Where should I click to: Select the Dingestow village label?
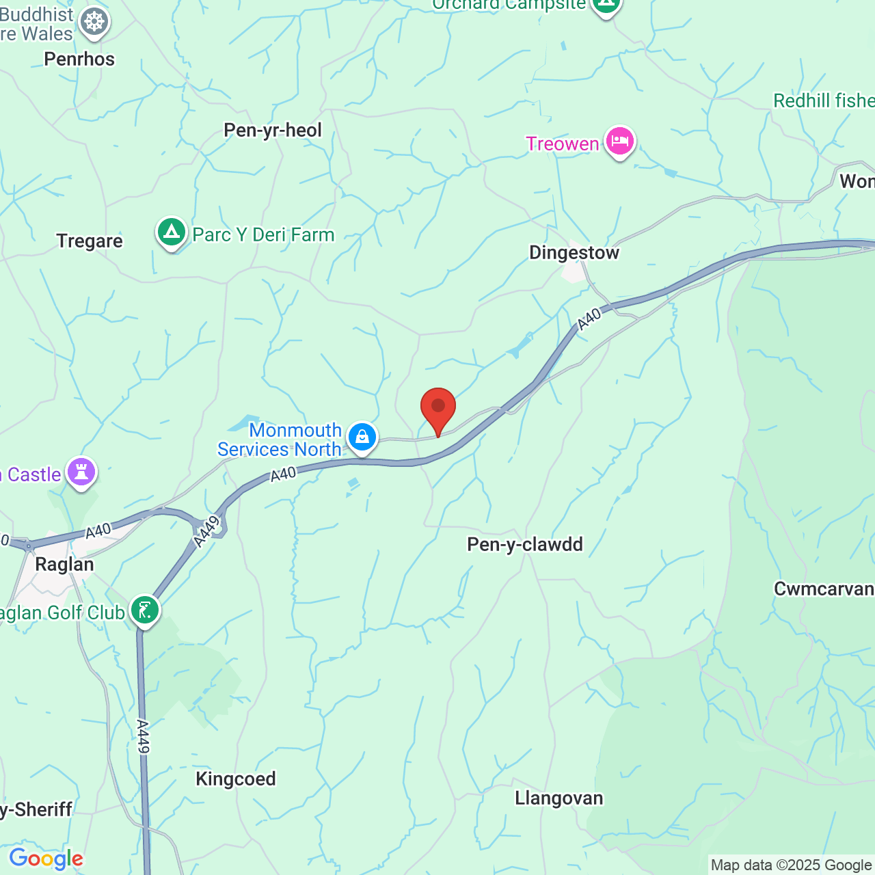574,253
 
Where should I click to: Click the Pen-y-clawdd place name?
525,545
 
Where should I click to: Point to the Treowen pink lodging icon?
619,142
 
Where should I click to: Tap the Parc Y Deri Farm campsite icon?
172,233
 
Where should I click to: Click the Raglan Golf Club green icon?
144,610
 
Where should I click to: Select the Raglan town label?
64,565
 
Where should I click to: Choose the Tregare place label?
90,241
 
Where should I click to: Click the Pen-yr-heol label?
273,131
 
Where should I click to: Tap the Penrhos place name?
79,59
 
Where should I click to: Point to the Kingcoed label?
236,779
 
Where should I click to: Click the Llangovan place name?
558,798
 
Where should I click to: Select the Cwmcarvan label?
823,589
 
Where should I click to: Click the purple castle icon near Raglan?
81,472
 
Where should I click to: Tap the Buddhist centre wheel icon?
94,22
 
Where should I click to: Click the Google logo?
46,859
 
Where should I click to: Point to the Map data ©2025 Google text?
792,865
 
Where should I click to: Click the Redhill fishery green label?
823,101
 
